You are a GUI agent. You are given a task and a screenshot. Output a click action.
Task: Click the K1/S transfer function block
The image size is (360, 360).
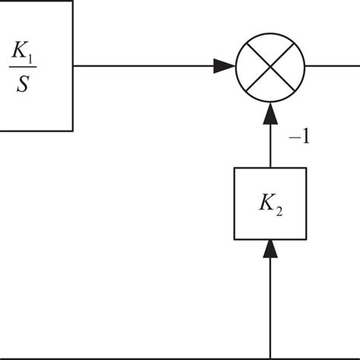click(36, 65)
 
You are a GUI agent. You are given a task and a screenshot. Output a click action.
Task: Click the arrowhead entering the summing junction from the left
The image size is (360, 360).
click(223, 66)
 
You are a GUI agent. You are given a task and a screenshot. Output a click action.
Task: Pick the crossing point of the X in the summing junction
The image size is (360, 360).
click(270, 66)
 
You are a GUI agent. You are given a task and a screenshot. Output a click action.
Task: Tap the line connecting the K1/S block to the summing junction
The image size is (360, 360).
click(144, 66)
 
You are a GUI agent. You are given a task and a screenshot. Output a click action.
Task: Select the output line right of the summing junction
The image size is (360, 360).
click(334, 66)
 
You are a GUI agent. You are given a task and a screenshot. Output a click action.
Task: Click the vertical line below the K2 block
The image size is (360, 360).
click(270, 304)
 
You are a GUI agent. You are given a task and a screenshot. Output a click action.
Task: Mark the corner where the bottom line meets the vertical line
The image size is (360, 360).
click(270, 356)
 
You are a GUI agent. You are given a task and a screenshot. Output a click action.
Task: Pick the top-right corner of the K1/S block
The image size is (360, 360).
click(73, 1)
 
